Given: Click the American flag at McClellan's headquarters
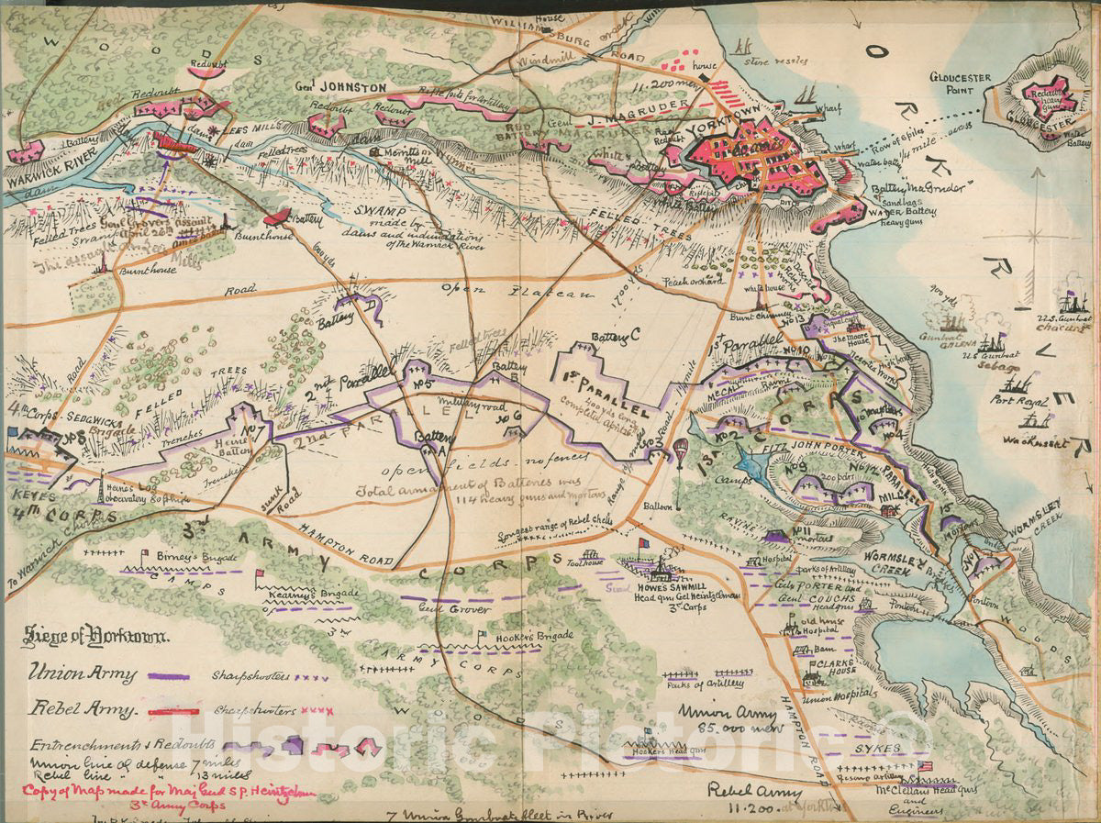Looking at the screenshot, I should coord(924,765).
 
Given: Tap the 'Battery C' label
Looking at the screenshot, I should coord(616,339).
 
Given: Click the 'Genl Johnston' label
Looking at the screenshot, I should coord(328,88).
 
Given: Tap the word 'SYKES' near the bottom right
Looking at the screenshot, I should coord(873,749).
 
